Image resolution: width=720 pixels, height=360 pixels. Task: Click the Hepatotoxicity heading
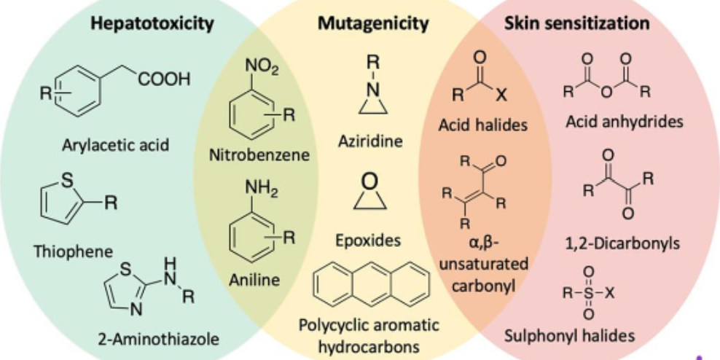152,23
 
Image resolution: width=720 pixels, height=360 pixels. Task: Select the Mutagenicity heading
373,23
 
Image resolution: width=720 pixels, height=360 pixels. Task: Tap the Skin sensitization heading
576,23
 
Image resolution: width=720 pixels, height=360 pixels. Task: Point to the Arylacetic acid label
116,144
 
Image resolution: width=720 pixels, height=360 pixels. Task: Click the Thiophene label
73,251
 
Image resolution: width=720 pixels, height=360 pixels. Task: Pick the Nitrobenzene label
259,154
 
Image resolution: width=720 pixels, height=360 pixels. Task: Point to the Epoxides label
369,239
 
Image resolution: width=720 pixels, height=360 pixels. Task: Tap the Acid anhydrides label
625,121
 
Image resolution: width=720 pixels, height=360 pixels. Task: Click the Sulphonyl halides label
570,336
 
